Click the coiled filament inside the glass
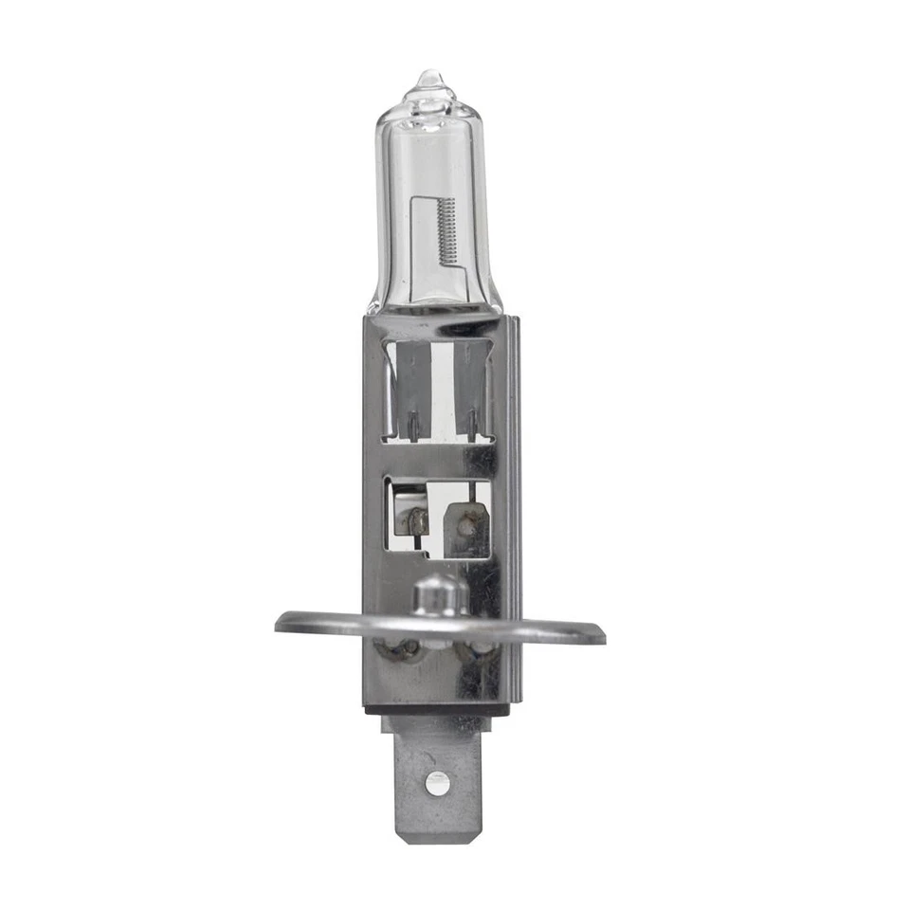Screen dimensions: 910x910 point(448,231)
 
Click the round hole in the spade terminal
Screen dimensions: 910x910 point(435,783)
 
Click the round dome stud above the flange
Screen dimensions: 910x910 point(438,595)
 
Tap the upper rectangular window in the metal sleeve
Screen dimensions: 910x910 point(438,391)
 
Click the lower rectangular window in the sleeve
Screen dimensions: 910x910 point(438,518)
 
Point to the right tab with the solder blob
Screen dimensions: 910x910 point(466,527)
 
